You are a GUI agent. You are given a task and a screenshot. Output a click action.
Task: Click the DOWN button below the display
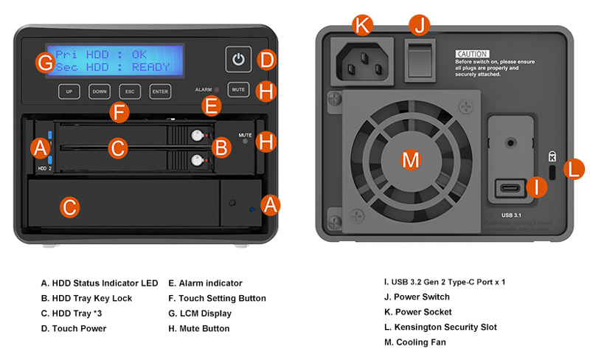[x=99, y=92]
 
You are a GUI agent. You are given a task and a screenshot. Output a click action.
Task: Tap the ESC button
[x=130, y=92]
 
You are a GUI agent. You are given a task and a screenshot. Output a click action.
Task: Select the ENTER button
[x=160, y=92]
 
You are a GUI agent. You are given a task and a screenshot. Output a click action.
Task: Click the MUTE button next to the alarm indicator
[x=238, y=89]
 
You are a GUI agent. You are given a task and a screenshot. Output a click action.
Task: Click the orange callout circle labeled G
[x=45, y=62]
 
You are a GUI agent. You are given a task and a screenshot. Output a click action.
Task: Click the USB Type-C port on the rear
[x=511, y=187]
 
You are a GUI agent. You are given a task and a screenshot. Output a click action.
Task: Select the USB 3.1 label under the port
[x=511, y=215]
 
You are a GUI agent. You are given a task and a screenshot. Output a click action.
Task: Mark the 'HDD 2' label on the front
[x=44, y=168]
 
